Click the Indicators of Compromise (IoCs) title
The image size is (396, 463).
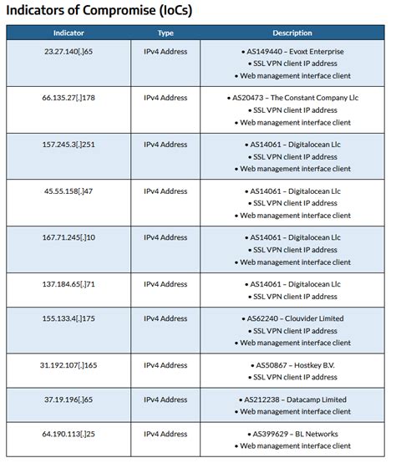click(x=104, y=11)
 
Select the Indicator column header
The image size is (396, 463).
click(x=69, y=33)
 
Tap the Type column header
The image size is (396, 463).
click(x=165, y=33)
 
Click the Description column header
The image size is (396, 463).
click(x=292, y=33)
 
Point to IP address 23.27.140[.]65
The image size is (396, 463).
click(x=69, y=52)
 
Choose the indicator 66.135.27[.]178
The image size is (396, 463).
click(x=69, y=98)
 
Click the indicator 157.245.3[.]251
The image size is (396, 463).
click(x=69, y=145)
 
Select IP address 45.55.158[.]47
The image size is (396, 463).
click(x=69, y=191)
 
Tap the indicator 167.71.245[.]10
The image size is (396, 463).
click(x=69, y=237)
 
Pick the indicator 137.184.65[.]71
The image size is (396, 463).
click(x=69, y=284)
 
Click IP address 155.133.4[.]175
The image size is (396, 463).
click(x=69, y=318)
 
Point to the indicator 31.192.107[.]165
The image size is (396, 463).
click(x=69, y=365)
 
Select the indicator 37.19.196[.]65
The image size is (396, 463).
click(x=69, y=399)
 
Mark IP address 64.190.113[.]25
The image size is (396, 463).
click(x=69, y=435)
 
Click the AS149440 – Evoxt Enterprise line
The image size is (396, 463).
click(x=295, y=52)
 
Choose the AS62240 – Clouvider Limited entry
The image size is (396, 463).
click(x=295, y=318)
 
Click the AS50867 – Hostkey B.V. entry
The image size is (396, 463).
click(x=295, y=365)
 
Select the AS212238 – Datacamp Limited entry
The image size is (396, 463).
click(x=295, y=399)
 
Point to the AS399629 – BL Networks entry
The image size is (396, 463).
click(x=295, y=435)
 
